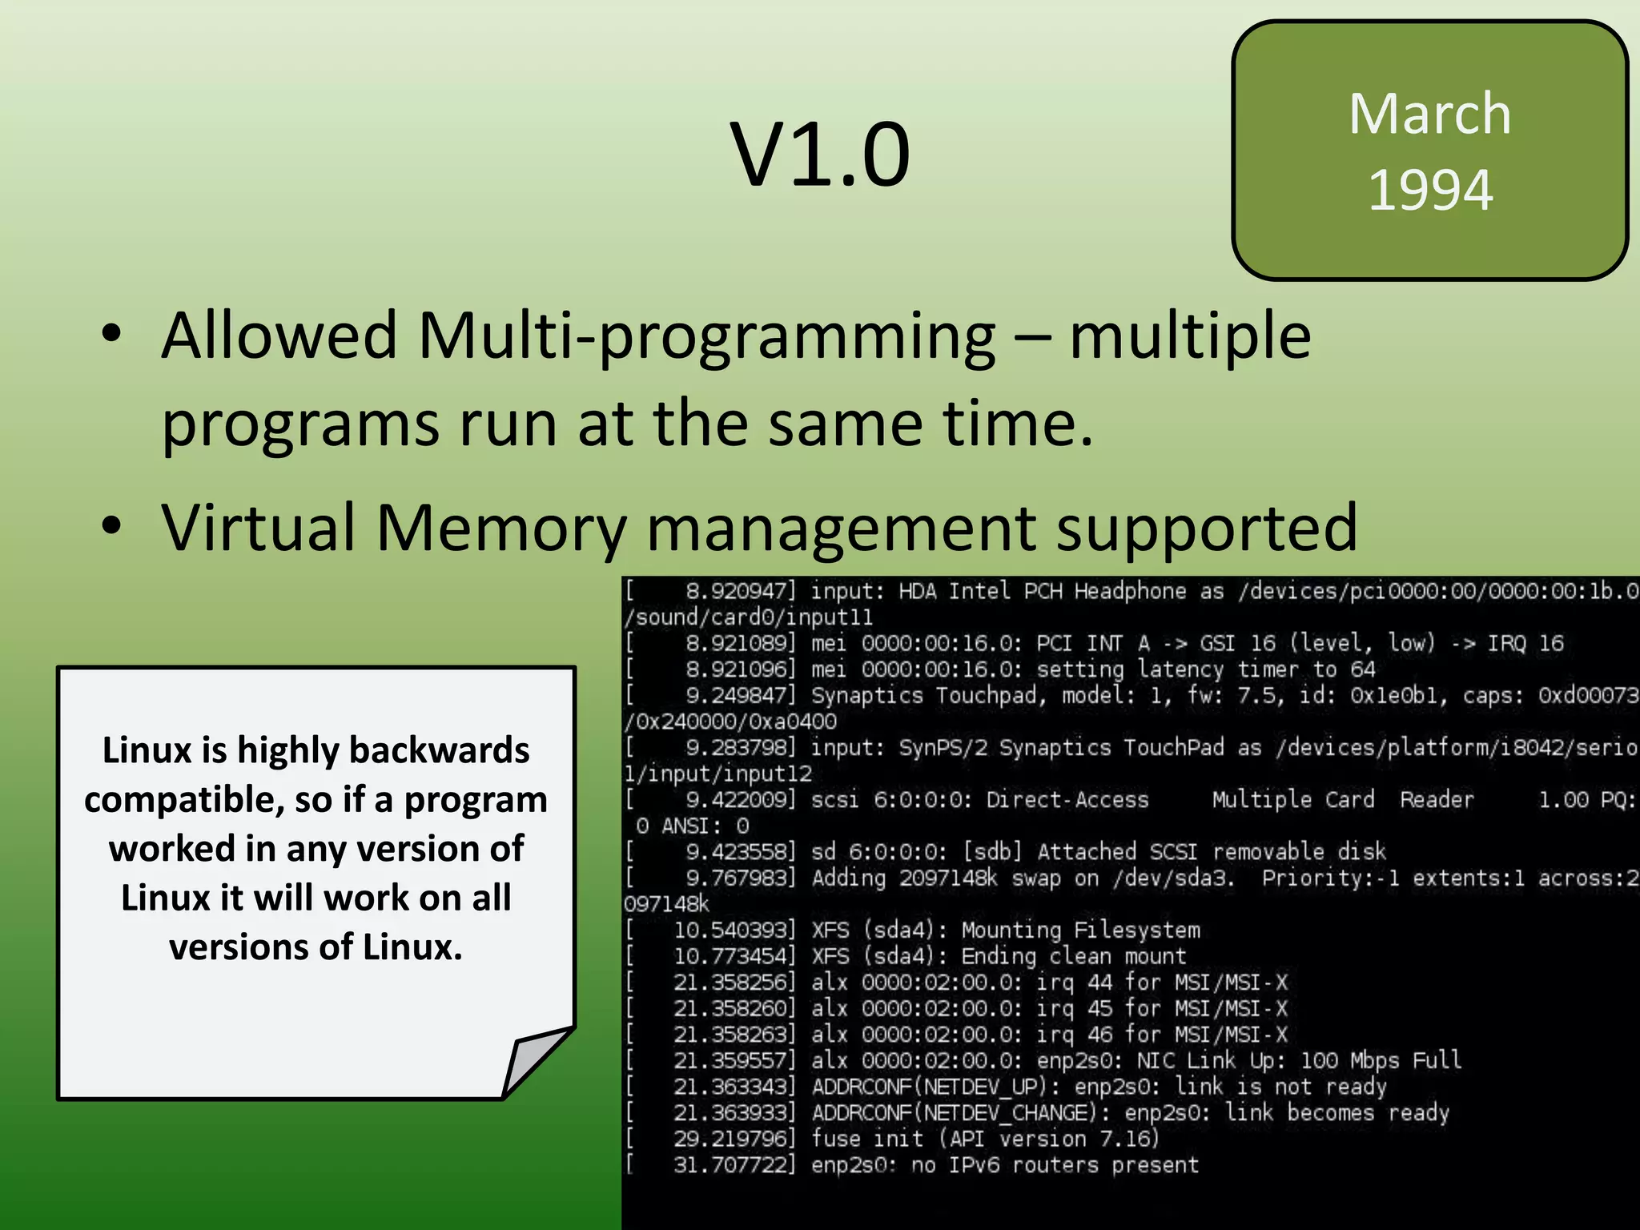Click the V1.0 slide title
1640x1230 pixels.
click(820, 154)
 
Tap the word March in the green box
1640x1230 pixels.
click(1429, 114)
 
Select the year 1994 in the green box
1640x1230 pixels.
click(1430, 191)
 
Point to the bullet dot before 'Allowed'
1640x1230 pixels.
click(111, 334)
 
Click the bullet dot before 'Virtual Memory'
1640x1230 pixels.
click(111, 526)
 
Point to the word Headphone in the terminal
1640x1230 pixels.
click(1129, 591)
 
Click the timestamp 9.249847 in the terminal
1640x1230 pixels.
click(736, 695)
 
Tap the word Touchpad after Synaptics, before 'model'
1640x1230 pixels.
click(990, 695)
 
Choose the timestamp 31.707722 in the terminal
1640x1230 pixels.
click(730, 1165)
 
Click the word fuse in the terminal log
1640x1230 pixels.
click(836, 1139)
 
